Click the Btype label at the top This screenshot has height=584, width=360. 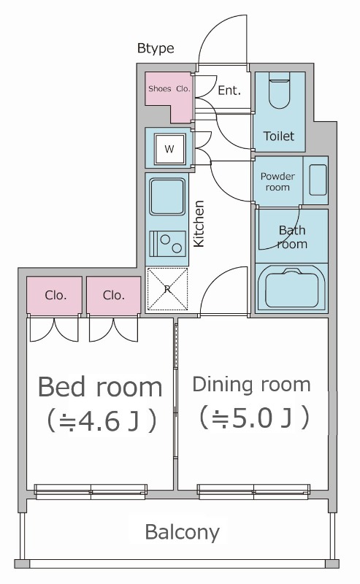pos(156,49)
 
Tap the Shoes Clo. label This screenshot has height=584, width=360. pos(169,90)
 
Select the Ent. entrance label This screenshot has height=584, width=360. pos(229,91)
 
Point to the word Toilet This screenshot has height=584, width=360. pos(279,136)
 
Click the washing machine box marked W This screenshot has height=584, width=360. pos(169,149)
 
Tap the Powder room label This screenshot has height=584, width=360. pos(277,182)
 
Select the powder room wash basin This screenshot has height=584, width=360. pos(318,180)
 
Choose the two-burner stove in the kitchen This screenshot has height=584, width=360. pos(167,242)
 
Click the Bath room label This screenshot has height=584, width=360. pos(292,237)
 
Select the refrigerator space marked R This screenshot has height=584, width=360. pos(167,289)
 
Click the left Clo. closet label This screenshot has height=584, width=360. pos(55,296)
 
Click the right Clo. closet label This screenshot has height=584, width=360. pos(113,296)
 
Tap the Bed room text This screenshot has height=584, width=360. pos(100,385)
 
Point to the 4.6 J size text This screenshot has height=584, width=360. pos(101,421)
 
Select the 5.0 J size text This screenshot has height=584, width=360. pos(252,418)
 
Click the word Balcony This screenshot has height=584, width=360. pos(182,531)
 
